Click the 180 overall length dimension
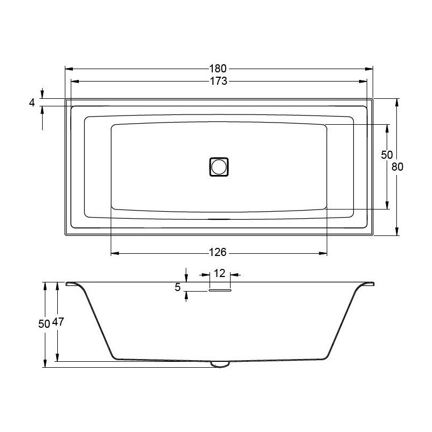pyautogui.click(x=218, y=69)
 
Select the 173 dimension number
pyautogui.click(x=219, y=81)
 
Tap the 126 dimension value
pyautogui.click(x=218, y=252)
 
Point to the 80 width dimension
pyautogui.click(x=397, y=167)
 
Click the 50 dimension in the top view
pyautogui.click(x=387, y=155)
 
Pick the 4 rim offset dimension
pyautogui.click(x=32, y=103)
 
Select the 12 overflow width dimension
pyautogui.click(x=220, y=273)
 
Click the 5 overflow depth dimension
pyautogui.click(x=178, y=287)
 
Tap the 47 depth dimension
pyautogui.click(x=58, y=321)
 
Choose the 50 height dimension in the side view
pyautogui.click(x=44, y=324)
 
